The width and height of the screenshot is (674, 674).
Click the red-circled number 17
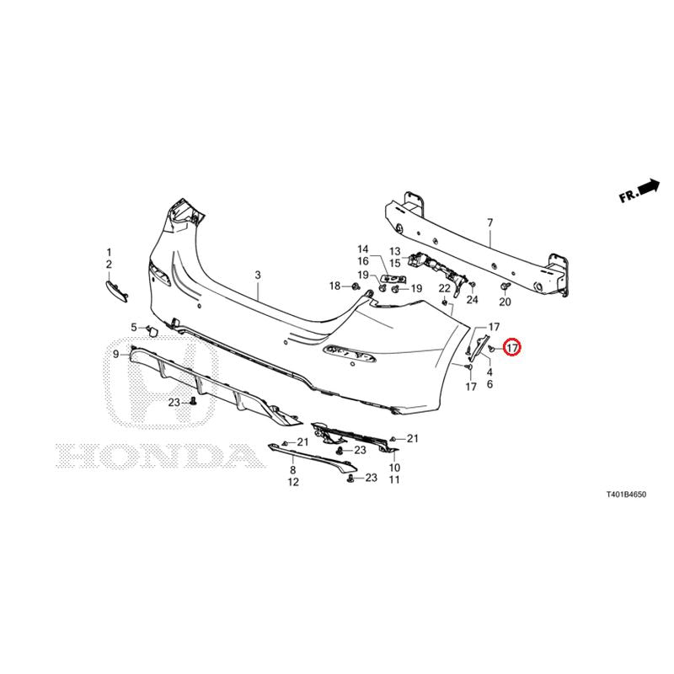coord(512,347)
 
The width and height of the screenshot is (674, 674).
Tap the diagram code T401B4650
coord(626,495)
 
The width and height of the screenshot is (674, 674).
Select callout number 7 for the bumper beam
coord(490,222)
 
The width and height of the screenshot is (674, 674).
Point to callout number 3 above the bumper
coord(258,275)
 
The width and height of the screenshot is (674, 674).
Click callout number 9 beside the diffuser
coord(115,354)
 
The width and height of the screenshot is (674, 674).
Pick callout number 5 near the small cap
coord(134,328)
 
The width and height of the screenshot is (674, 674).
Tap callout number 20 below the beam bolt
coord(505,302)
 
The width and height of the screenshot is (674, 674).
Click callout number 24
coord(472,299)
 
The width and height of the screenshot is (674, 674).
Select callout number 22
coord(445,289)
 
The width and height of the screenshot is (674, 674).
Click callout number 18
coord(334,286)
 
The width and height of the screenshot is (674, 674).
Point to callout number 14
coord(363,249)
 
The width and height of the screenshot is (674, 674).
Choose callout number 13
coord(394,251)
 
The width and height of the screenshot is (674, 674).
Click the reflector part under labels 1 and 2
coord(117,291)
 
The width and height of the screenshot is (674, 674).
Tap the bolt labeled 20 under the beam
coord(505,286)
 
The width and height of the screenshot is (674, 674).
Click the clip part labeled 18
coord(356,286)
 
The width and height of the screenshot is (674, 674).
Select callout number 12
coord(293,482)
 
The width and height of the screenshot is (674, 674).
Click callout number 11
coord(394,479)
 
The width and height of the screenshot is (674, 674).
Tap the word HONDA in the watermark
coord(159,456)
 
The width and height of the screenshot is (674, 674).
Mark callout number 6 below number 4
coord(489,384)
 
